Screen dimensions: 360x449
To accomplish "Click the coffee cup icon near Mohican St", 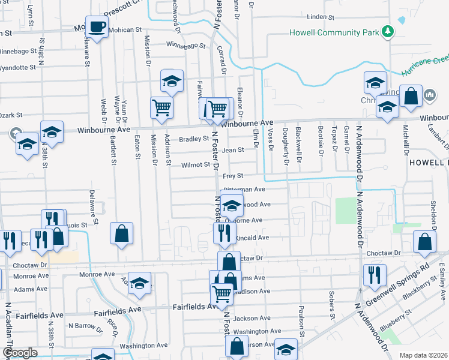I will (x=97, y=27).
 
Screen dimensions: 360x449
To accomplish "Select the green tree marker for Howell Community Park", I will (x=388, y=31).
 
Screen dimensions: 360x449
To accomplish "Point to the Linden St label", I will (x=319, y=17).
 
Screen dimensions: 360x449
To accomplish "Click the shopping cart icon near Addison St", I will (x=161, y=108).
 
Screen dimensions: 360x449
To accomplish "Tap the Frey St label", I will (x=232, y=176).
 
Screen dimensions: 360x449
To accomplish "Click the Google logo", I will (x=20, y=353).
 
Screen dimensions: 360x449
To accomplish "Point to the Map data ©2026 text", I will (x=423, y=355).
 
